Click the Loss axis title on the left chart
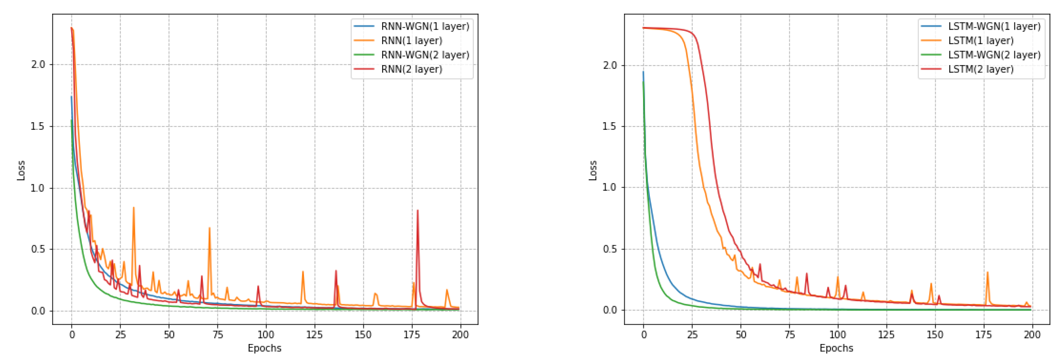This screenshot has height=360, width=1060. (x=21, y=170)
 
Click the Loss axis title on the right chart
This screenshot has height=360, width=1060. (x=592, y=170)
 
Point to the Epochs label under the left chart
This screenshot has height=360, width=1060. (x=264, y=348)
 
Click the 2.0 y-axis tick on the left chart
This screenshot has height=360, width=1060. (x=38, y=65)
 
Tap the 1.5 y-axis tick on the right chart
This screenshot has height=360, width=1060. (x=610, y=126)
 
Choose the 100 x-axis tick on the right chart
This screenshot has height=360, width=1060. (x=837, y=335)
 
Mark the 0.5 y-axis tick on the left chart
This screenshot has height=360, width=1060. (x=38, y=249)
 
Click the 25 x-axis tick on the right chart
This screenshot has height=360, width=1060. (x=692, y=335)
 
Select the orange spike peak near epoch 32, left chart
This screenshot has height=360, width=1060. (x=133, y=207)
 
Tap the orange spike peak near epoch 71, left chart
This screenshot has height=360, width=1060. (x=209, y=228)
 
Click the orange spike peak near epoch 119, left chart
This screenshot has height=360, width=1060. (x=302, y=272)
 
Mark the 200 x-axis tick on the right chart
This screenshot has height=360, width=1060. (x=1031, y=335)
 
